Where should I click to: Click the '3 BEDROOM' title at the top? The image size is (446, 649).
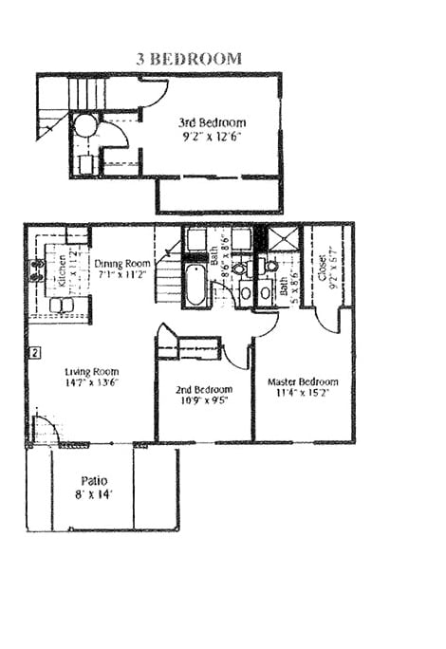[188, 59]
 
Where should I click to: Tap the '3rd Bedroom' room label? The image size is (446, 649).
[212, 123]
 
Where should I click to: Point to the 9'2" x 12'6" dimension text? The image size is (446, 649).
[212, 136]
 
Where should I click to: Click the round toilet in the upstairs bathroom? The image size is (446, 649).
[85, 126]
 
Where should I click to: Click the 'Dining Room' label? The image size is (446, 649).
[122, 264]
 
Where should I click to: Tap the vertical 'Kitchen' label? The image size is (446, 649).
[59, 270]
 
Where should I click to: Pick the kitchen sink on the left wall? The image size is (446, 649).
[39, 271]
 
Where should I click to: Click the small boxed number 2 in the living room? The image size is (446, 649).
[33, 353]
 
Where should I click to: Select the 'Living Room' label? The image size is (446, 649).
[90, 371]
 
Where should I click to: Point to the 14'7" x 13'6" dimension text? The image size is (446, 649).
[90, 382]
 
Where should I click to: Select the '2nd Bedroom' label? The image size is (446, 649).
[203, 389]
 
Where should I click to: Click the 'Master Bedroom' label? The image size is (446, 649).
[302, 382]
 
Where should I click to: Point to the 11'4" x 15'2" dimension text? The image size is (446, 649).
[302, 394]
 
